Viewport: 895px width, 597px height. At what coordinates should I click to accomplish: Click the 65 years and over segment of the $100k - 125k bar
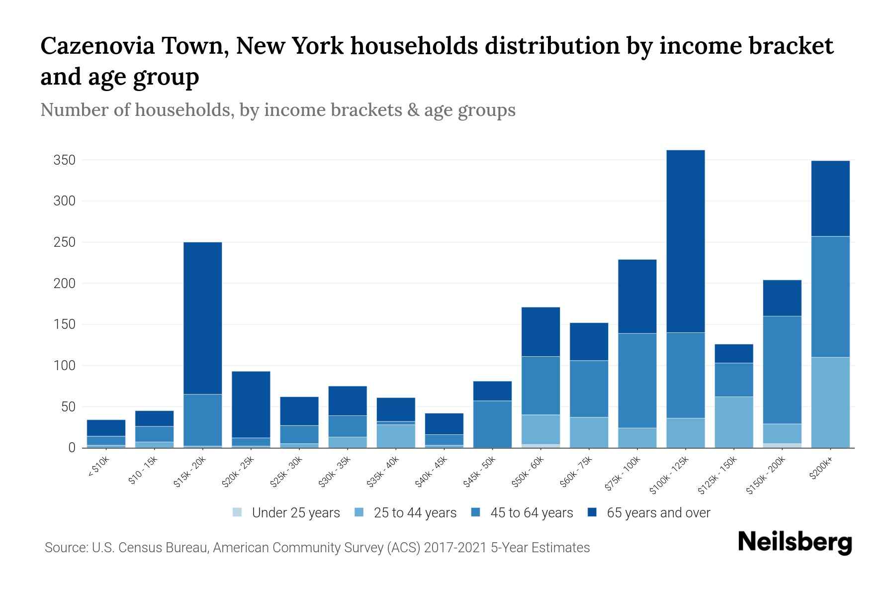point(686,241)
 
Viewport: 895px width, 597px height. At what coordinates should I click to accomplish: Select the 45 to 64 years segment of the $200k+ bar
point(830,297)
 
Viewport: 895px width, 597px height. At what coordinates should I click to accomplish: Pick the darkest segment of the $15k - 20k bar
point(203,318)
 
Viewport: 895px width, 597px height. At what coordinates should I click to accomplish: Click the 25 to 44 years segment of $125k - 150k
point(734,422)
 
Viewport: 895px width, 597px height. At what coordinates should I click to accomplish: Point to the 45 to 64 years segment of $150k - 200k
point(782,370)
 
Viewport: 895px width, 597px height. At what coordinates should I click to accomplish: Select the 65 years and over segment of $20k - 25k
point(251,404)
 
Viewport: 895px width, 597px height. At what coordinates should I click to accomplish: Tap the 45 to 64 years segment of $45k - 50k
point(492,424)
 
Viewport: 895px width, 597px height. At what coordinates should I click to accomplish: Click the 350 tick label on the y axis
point(65,160)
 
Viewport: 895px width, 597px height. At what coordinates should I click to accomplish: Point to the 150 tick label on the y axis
point(65,324)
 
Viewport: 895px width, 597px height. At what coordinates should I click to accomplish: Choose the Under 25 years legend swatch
point(238,512)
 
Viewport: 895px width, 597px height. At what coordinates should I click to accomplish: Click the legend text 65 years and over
point(658,513)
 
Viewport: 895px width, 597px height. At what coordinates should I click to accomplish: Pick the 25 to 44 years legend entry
point(415,513)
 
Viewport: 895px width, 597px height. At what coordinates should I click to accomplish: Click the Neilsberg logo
point(795,543)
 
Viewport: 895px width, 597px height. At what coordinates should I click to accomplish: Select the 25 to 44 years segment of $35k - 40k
point(396,435)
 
